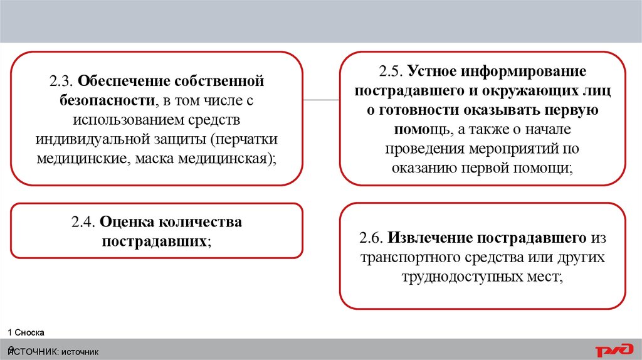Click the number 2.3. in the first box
coord(61,82)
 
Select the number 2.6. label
coord(372,238)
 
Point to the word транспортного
coord(407,257)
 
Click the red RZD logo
coord(614,350)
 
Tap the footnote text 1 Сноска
coord(26,332)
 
